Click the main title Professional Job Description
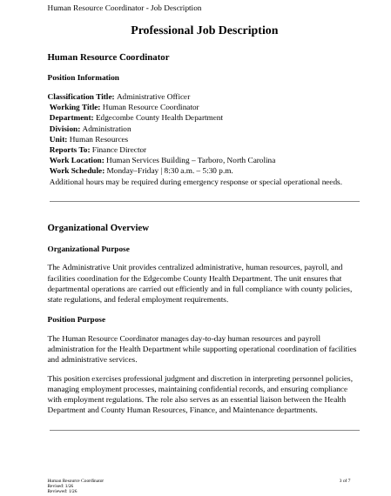(204, 30)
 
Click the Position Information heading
(83, 77)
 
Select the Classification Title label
(81, 97)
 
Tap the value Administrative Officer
(153, 97)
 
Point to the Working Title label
(75, 107)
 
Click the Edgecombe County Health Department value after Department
(159, 117)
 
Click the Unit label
(58, 139)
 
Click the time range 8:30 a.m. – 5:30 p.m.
(200, 171)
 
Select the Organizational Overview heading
(98, 228)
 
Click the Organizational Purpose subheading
(88, 249)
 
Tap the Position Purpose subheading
(77, 319)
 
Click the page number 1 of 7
(345, 480)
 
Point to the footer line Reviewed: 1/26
(62, 491)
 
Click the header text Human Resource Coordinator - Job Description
(124, 8)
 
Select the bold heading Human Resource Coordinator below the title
(108, 57)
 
